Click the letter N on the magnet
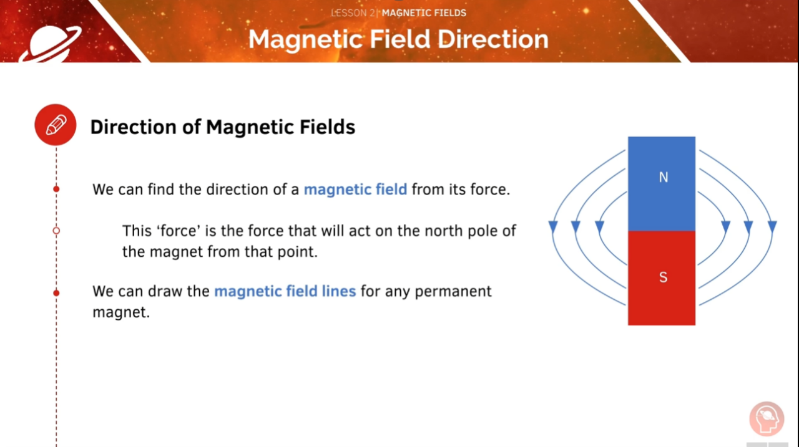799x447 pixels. [663, 178]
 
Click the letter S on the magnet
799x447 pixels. [663, 277]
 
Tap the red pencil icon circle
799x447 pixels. [56, 125]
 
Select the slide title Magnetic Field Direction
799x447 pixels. [398, 39]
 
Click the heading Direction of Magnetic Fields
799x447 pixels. [222, 127]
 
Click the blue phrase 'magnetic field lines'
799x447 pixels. [285, 291]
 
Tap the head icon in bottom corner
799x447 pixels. [767, 419]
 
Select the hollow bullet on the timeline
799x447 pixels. [56, 231]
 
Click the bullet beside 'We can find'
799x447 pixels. [56, 189]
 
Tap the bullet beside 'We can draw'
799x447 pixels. [56, 292]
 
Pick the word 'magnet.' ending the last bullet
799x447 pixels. [121, 312]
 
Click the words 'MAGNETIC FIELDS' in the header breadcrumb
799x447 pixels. [424, 13]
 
